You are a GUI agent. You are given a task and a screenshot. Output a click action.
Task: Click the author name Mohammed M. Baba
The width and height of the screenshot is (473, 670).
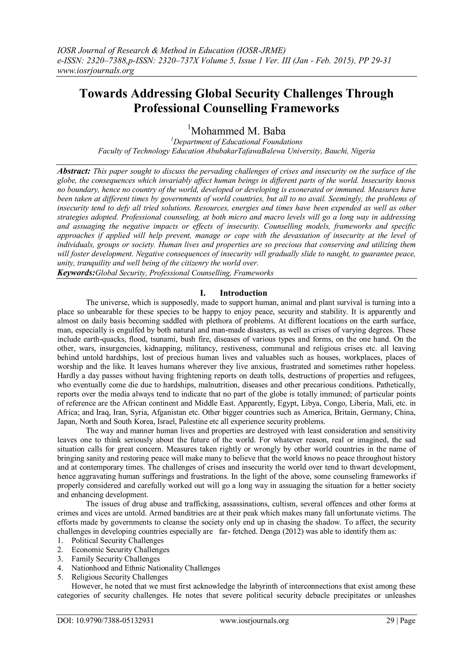point(238,131)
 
